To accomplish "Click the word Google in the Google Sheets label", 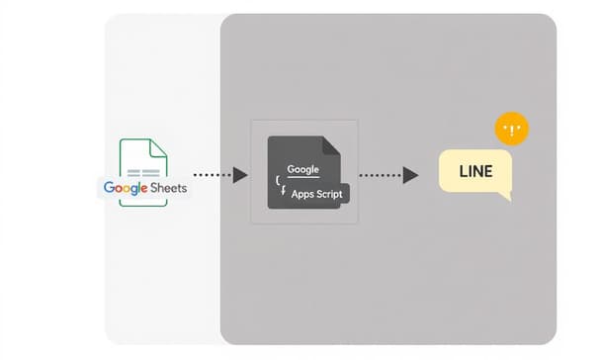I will click(x=124, y=188).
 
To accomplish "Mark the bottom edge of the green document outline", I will click(x=142, y=206).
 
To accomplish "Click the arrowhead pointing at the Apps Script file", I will click(x=240, y=175).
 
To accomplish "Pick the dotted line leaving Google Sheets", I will click(x=213, y=175).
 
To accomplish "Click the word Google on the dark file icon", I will click(x=302, y=170).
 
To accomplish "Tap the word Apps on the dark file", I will click(x=302, y=195).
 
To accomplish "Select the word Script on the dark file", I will click(x=327, y=195).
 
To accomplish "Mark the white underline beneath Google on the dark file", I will click(x=302, y=179).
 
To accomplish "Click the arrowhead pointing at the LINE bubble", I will click(x=411, y=175).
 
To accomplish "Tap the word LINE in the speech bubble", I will click(x=475, y=172).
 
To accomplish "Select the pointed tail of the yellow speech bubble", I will click(x=505, y=196).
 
